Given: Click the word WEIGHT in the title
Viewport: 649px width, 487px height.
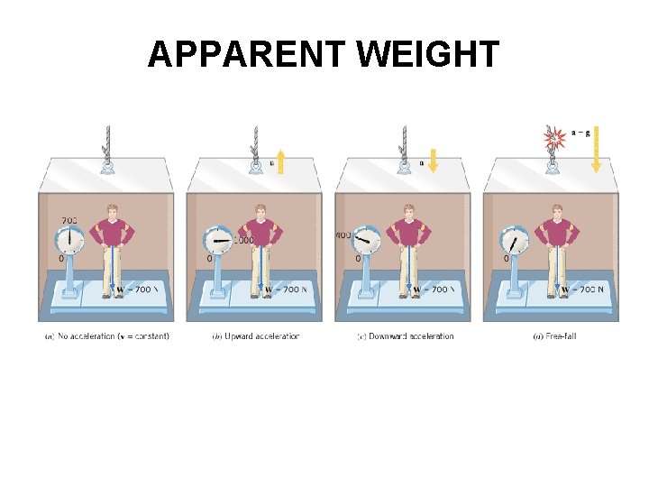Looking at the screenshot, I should [x=427, y=55].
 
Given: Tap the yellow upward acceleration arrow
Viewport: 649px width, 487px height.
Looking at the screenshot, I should [x=281, y=161].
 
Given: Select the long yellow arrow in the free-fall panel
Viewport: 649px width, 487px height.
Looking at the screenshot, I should [x=595, y=150].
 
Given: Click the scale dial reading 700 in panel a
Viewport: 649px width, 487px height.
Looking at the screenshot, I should [x=69, y=241].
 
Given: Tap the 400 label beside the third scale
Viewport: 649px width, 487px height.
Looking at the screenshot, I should [x=343, y=235].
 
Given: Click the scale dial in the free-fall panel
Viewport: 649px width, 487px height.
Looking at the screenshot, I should [x=514, y=241].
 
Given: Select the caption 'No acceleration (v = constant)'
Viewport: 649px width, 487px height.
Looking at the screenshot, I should [x=106, y=336].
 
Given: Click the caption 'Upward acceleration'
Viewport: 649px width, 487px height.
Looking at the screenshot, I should [x=255, y=336].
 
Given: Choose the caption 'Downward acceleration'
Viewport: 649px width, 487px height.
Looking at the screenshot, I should [x=405, y=336].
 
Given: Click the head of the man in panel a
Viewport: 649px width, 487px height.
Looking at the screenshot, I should [x=112, y=213].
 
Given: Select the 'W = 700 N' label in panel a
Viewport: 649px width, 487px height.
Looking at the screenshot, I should [x=133, y=289].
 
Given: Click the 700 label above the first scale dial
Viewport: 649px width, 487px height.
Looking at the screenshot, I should [x=69, y=219].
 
